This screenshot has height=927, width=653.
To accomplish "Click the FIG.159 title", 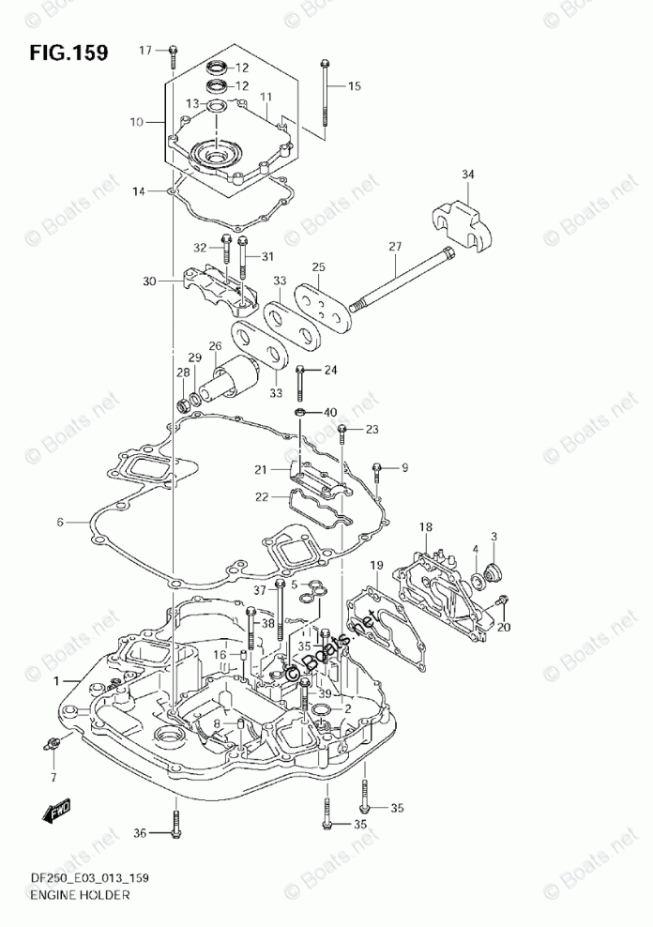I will [68, 51].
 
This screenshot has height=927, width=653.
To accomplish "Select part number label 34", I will [468, 174].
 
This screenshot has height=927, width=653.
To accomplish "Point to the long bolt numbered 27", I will [403, 281].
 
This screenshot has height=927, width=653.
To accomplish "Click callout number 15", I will [354, 87].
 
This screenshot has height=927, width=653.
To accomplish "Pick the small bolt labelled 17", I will [174, 57].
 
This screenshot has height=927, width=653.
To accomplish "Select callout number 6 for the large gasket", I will [59, 522].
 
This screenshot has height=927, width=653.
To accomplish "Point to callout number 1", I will [56, 679].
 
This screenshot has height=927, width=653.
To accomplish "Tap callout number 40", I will [329, 413].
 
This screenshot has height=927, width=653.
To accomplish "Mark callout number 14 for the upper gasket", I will [139, 192].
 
